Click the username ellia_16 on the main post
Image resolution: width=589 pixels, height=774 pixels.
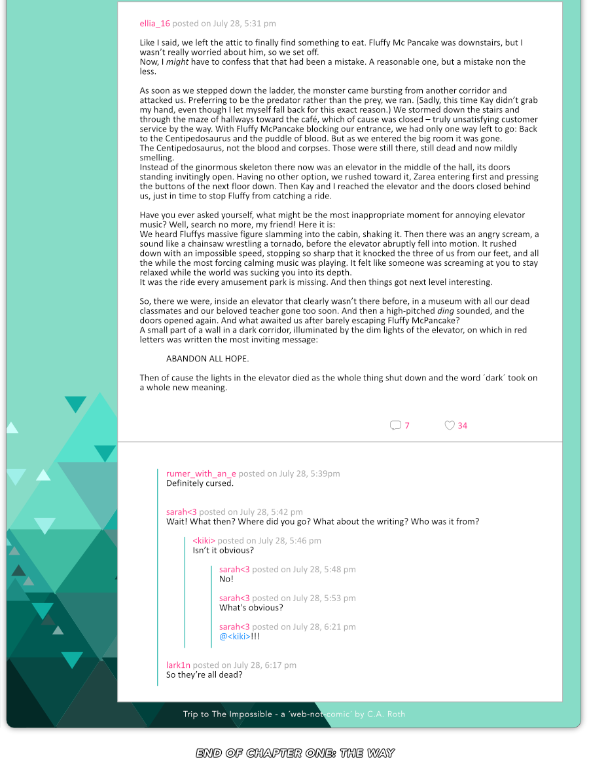tap(154, 24)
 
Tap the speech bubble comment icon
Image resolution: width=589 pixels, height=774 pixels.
tap(395, 426)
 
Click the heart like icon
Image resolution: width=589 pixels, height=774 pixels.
tap(450, 426)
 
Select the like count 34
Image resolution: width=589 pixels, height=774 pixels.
tap(463, 426)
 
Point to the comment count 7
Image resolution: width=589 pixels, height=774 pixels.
tap(407, 426)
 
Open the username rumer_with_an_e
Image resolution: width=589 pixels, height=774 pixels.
tap(201, 473)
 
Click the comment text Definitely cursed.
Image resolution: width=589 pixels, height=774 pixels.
tap(200, 483)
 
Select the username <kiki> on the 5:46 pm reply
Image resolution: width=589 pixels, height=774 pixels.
tap(204, 541)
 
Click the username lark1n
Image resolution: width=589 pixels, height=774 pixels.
tap(178, 665)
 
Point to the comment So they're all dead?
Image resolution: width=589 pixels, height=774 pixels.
tap(204, 674)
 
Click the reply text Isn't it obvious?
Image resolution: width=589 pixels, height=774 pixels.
tap(223, 550)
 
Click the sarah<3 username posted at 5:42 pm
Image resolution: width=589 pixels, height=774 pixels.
tap(181, 512)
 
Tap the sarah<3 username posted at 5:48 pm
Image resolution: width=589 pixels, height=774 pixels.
tap(234, 570)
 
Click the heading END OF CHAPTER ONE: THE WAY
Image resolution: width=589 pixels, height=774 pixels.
tap(295, 753)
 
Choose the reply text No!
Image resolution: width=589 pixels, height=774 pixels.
tap(226, 579)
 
